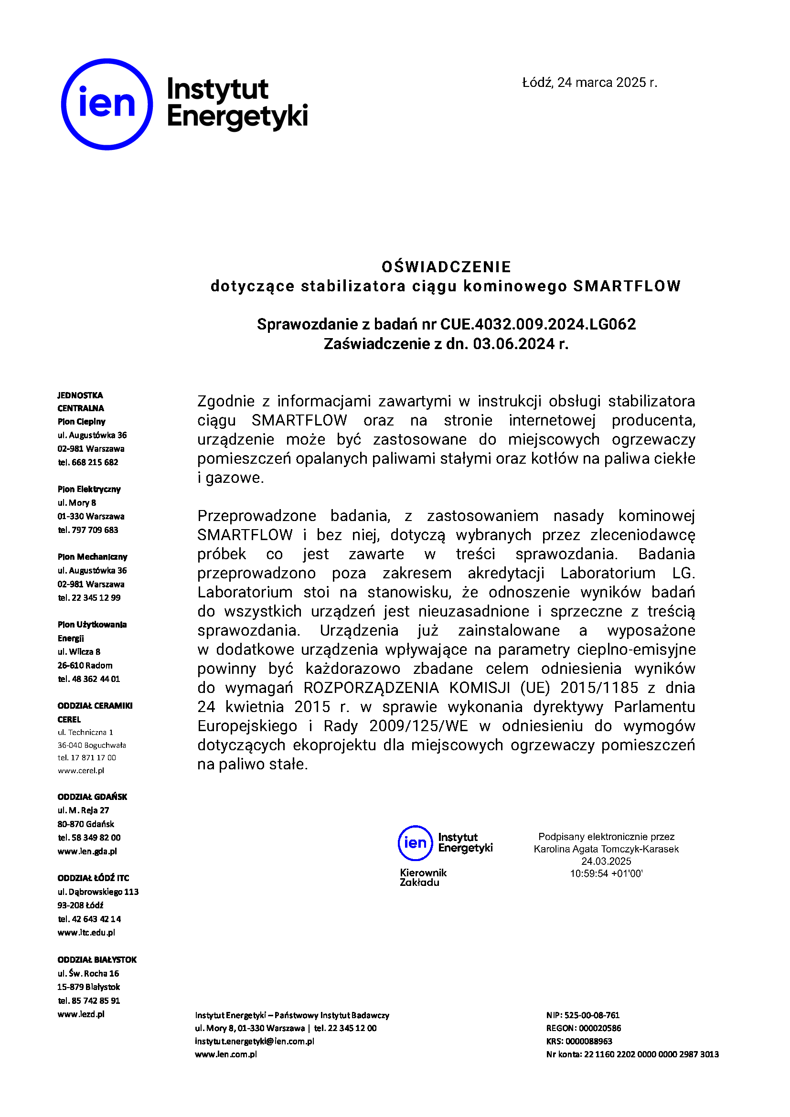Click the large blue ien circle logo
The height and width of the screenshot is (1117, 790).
point(107,104)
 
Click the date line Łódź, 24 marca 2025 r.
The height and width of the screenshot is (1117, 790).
point(589,83)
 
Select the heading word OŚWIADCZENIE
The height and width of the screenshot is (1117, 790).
point(446,266)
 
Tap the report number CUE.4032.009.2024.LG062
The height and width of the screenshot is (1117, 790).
point(537,324)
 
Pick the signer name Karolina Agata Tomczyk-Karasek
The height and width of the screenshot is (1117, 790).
point(606,849)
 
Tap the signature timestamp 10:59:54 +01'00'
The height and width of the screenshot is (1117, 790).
point(606,873)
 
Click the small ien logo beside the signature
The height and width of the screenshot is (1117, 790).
point(415,842)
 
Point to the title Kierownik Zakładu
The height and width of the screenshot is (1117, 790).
point(423,877)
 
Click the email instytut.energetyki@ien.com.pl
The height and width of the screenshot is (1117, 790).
point(255,1041)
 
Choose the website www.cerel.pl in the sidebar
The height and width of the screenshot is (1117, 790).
point(81,771)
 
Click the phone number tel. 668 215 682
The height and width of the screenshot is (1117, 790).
point(88,462)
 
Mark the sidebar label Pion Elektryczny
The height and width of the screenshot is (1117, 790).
point(89,489)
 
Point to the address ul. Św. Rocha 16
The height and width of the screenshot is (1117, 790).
point(88,973)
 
